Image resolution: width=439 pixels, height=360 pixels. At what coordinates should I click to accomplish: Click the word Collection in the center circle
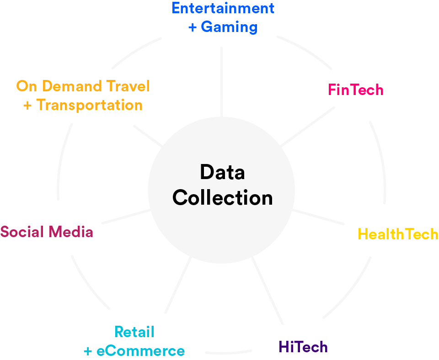click(223, 198)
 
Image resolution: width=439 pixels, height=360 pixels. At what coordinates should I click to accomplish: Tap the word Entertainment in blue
click(223, 8)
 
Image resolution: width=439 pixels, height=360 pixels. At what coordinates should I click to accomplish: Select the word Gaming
click(229, 27)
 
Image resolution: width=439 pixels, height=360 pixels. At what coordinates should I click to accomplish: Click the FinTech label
click(356, 90)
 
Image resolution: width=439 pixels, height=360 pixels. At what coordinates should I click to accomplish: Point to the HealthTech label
click(398, 234)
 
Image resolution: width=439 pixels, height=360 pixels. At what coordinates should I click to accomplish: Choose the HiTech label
click(303, 347)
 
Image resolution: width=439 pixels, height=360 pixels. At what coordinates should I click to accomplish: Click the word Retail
click(134, 332)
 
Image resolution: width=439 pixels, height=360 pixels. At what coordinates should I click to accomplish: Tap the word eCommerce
click(141, 351)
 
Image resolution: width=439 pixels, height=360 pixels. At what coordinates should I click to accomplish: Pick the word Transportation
click(90, 105)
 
